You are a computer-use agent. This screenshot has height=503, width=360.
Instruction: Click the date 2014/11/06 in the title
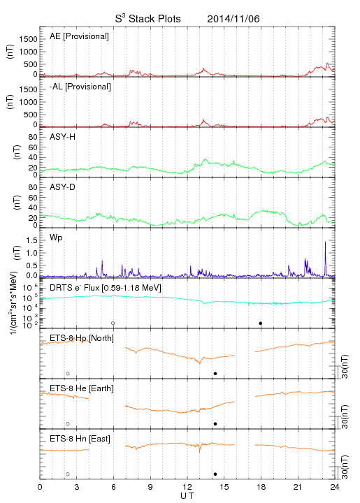coord(233,19)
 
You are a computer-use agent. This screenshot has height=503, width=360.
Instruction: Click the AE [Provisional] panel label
coord(79,36)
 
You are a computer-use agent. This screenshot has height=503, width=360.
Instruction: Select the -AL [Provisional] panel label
coord(80,87)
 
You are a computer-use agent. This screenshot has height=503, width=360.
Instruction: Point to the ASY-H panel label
coord(63,137)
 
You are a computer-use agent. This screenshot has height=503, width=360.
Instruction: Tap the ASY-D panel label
coord(63,187)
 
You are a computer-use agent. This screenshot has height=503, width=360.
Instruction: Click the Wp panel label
coord(56,238)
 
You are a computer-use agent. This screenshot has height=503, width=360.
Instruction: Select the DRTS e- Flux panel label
coord(106,288)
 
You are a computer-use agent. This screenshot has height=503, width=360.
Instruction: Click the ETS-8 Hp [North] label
coord(82,338)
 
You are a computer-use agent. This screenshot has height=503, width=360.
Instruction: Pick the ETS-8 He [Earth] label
coord(82,388)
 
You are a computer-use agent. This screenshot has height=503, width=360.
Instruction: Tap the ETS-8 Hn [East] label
coord(80,439)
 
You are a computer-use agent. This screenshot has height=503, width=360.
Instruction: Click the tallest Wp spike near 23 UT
coord(325,242)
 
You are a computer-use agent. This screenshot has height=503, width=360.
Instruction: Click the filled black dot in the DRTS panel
coord(261,323)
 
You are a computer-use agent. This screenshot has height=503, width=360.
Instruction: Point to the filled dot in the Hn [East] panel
coord(215,474)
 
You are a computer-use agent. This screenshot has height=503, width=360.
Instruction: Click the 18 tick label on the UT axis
coord(261,487)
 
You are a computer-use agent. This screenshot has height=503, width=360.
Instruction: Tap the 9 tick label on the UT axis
coord(150,487)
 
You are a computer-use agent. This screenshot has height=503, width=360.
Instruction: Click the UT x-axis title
coord(187,496)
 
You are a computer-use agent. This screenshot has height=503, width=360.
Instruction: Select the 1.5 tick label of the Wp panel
coord(31,240)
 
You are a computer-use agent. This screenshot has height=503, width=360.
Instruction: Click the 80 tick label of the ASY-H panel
coord(33,137)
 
